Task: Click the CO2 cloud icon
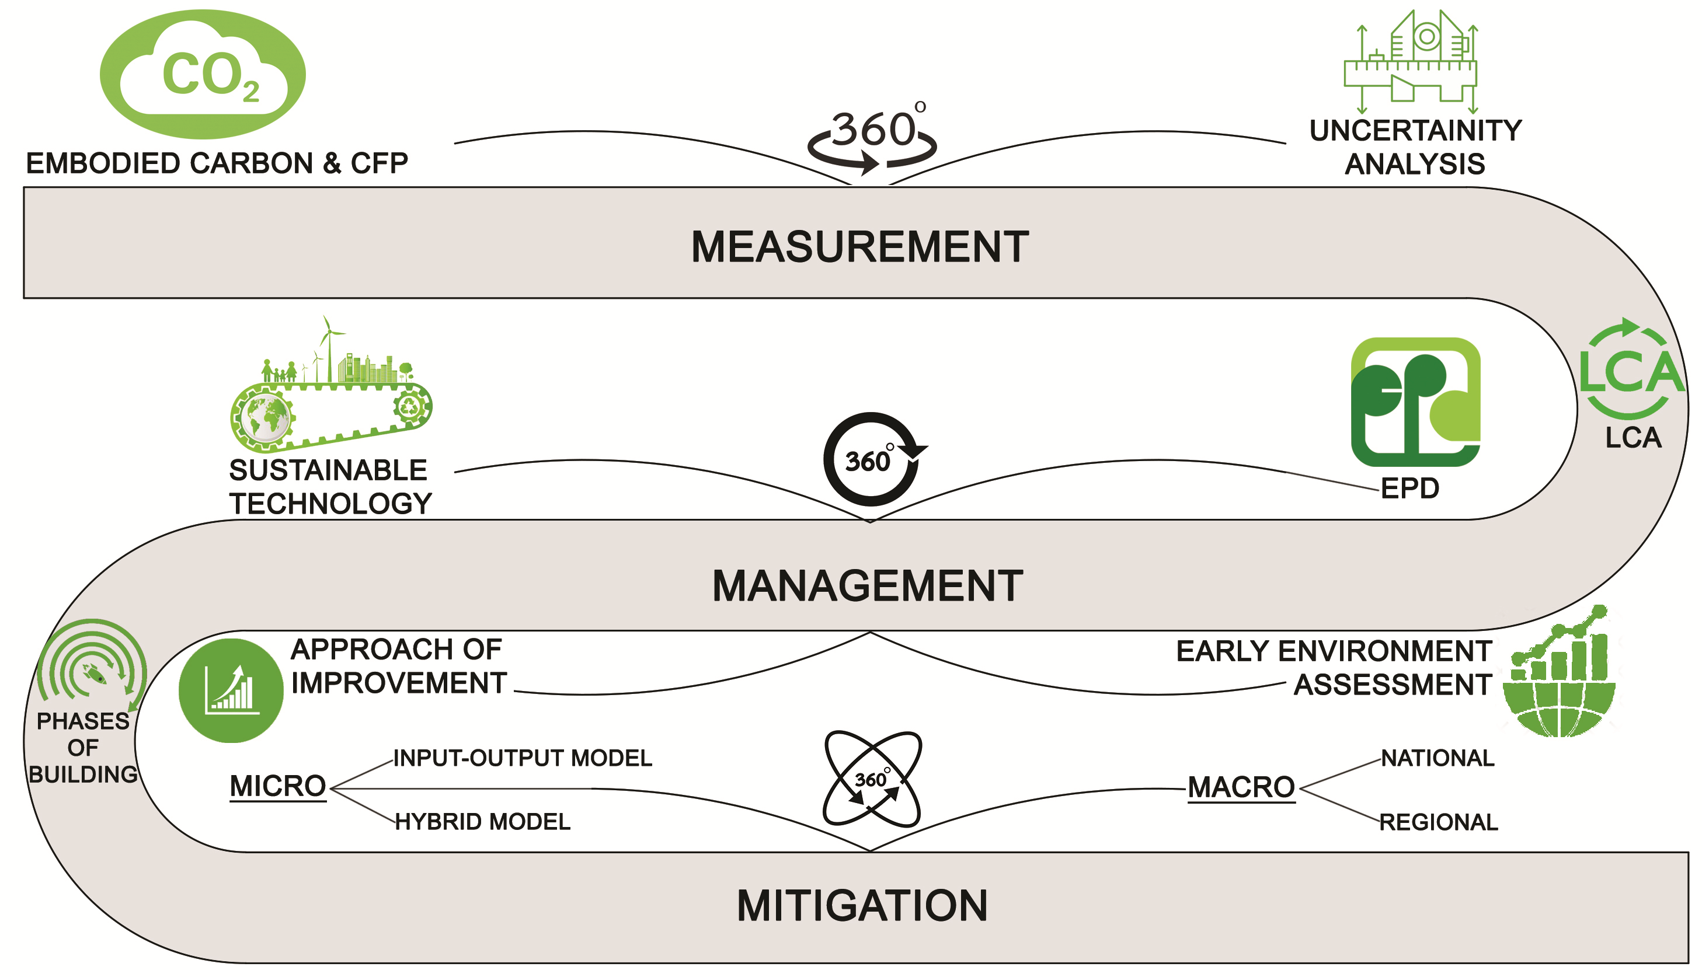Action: point(203,74)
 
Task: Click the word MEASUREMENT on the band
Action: point(859,246)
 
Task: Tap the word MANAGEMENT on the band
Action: point(867,586)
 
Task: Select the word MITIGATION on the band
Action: point(862,905)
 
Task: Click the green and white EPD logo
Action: point(1415,402)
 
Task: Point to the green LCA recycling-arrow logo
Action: point(1631,369)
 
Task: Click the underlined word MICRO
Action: point(278,786)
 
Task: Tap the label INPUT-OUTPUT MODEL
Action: point(522,758)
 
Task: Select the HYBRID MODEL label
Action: point(482,821)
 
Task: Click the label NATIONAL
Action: point(1438,758)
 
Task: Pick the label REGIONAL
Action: point(1438,822)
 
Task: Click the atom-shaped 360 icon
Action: point(872,779)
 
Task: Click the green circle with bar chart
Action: point(231,690)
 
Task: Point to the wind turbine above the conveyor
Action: point(328,346)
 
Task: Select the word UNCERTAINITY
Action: point(1415,130)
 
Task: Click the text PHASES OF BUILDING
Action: point(83,748)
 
